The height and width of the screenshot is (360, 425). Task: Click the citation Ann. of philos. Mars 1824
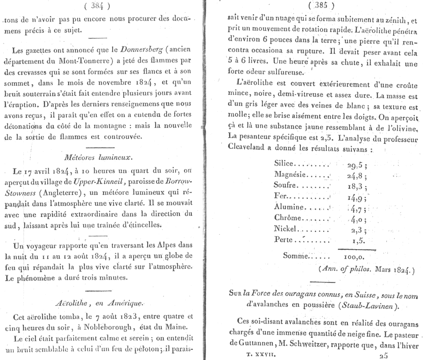(x=366, y=270)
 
